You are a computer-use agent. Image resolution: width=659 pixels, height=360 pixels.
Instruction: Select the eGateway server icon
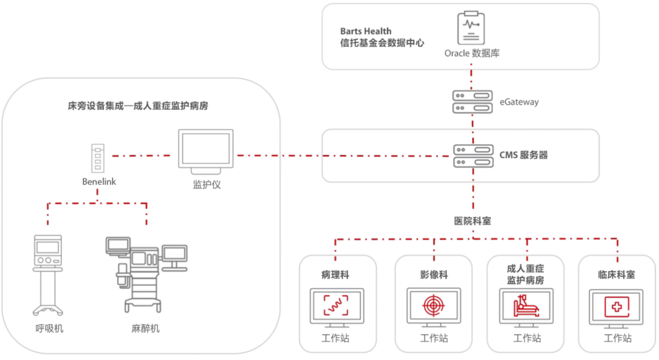(470, 101)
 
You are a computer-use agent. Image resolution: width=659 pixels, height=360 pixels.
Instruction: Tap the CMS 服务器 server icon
(470, 155)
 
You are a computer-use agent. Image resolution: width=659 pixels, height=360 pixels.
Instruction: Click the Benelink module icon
(98, 158)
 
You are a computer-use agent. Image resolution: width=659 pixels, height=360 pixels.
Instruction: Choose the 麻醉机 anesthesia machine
(145, 273)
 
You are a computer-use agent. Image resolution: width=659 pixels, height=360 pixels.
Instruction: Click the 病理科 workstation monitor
(337, 306)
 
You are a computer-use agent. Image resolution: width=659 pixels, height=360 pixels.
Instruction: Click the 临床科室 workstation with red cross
(616, 306)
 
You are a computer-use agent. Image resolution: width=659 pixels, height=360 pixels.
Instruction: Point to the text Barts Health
(366, 31)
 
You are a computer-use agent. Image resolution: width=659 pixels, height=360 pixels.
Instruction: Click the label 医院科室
(472, 221)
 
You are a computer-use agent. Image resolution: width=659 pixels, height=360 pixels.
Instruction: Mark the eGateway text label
(519, 102)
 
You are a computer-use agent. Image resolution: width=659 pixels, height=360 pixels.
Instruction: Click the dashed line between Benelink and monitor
(141, 155)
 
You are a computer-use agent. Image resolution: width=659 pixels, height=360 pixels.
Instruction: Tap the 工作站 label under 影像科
(433, 338)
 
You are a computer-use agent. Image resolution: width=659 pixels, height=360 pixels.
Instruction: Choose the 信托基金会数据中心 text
(382, 43)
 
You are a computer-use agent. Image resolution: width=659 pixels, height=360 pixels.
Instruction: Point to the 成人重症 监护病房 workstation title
(525, 275)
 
